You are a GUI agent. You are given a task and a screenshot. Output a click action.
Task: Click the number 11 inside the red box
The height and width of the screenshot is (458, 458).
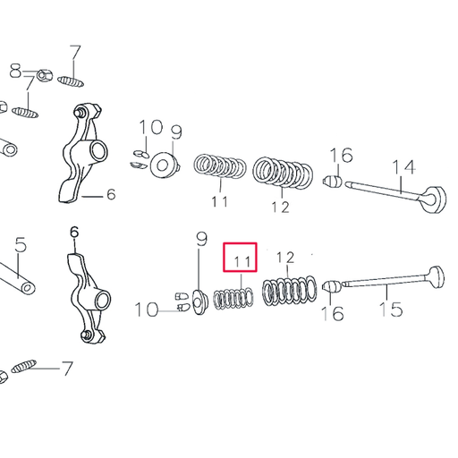coord(240,261)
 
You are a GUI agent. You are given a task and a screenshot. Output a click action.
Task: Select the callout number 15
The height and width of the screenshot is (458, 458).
coord(391,310)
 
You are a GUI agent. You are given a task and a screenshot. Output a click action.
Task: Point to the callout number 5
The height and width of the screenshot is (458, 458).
coord(21,243)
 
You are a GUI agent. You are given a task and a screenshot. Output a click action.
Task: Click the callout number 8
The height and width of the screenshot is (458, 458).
coord(15,70)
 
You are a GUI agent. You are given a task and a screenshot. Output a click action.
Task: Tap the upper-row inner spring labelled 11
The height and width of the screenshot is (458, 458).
coord(221,168)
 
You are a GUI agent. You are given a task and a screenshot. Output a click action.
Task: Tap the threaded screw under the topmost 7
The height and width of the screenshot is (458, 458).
coord(74,81)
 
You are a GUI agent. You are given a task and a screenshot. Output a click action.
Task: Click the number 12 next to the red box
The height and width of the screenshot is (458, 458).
coord(284,259)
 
